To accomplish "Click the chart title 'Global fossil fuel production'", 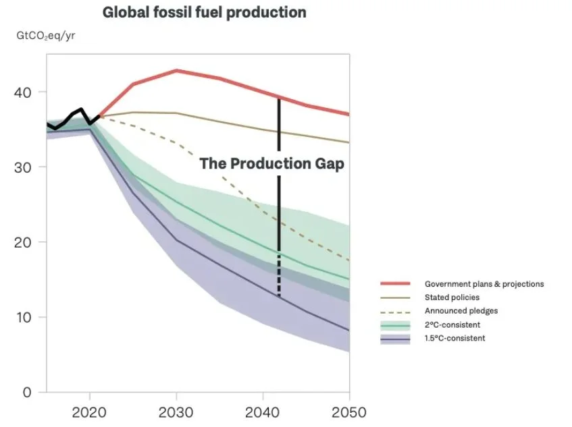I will tap(204, 13).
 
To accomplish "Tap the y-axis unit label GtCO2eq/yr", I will tap(46, 36).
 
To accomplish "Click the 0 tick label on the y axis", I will tap(28, 392).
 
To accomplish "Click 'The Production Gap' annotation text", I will tap(271, 164).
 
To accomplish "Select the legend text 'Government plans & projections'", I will tap(484, 284).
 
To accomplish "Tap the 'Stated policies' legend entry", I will tap(452, 297).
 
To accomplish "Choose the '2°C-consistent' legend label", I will tap(452, 325).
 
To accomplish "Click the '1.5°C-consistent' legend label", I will tap(455, 339).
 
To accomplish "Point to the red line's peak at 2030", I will tap(176, 70).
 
